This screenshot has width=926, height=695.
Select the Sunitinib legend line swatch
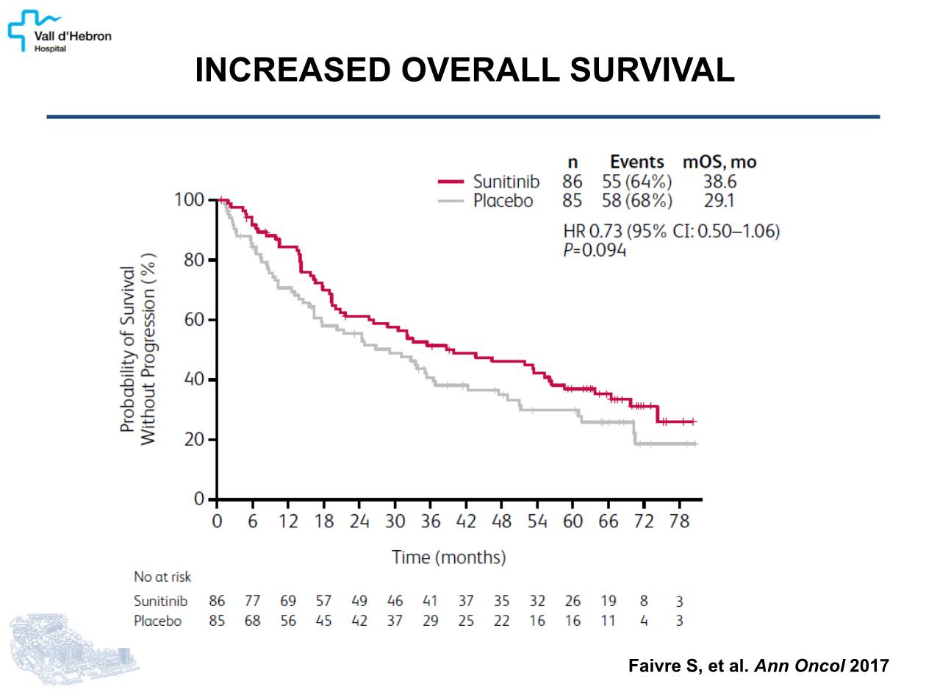click(451, 182)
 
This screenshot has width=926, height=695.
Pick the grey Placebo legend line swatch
click(451, 200)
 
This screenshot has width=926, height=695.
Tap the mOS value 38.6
click(719, 182)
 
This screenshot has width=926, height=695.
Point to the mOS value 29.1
click(719, 200)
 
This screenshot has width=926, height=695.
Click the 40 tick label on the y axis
click(194, 380)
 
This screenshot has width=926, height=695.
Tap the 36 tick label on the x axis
click(430, 521)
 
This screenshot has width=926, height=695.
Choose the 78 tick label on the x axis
click(680, 521)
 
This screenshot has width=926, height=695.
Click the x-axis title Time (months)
click(449, 557)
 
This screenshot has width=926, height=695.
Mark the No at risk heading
click(162, 577)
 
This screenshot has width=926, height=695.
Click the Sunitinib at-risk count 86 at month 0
click(217, 601)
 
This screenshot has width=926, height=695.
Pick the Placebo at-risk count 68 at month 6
click(252, 621)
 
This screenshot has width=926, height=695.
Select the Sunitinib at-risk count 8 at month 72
click(644, 601)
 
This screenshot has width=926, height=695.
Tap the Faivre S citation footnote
click(758, 666)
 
